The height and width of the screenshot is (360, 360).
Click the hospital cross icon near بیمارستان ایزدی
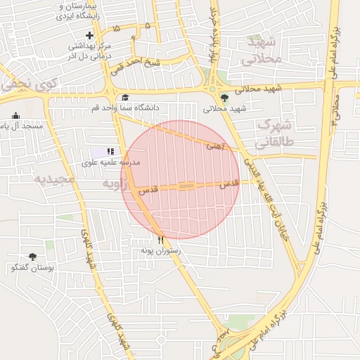tap(89, 35)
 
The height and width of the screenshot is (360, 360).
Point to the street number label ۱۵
tap(116, 28)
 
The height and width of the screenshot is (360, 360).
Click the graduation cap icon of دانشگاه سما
tap(125, 98)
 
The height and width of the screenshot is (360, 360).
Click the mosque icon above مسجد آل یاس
tap(16, 116)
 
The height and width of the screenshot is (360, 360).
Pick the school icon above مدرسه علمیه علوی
tap(110, 151)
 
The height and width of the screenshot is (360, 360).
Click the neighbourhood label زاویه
tap(116, 184)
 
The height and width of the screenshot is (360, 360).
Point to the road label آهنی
tap(215, 147)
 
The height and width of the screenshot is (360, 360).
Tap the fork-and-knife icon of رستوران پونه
tap(161, 239)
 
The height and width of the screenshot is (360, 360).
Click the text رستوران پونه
tap(161, 250)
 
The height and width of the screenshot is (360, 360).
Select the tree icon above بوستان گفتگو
tap(32, 257)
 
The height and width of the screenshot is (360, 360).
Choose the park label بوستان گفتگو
tap(32, 268)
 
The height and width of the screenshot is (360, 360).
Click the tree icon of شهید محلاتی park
tap(225, 98)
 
